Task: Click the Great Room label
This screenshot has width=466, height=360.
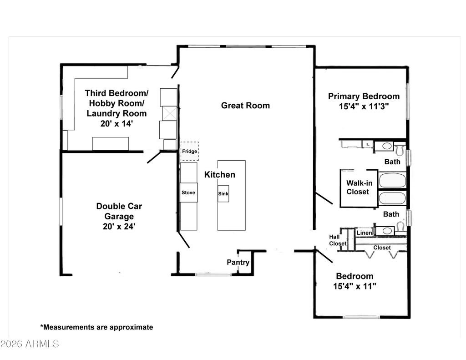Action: point(245,106)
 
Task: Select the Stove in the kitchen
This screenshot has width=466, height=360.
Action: point(188,193)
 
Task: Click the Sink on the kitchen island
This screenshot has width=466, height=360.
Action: point(223,194)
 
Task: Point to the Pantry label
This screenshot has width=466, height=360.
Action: point(238,263)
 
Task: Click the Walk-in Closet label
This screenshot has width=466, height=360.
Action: point(359,188)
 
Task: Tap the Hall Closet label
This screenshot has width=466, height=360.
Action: point(338,240)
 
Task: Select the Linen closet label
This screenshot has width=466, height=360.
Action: point(365,233)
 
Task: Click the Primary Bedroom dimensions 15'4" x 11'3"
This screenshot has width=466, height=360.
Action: point(364,106)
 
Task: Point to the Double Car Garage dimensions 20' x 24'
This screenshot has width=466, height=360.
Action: point(119,226)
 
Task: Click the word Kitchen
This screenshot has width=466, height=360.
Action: point(219,175)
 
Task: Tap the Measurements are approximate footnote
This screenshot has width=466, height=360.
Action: point(97,327)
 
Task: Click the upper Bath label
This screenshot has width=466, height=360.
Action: point(392,162)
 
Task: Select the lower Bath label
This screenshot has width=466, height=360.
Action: point(391,214)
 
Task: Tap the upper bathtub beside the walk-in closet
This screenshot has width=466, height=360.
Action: point(392,180)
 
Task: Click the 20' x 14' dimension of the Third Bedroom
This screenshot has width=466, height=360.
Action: point(116,123)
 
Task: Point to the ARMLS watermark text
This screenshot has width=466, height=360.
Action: point(30,344)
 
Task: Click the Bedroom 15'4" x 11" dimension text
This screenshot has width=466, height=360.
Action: point(355,286)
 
